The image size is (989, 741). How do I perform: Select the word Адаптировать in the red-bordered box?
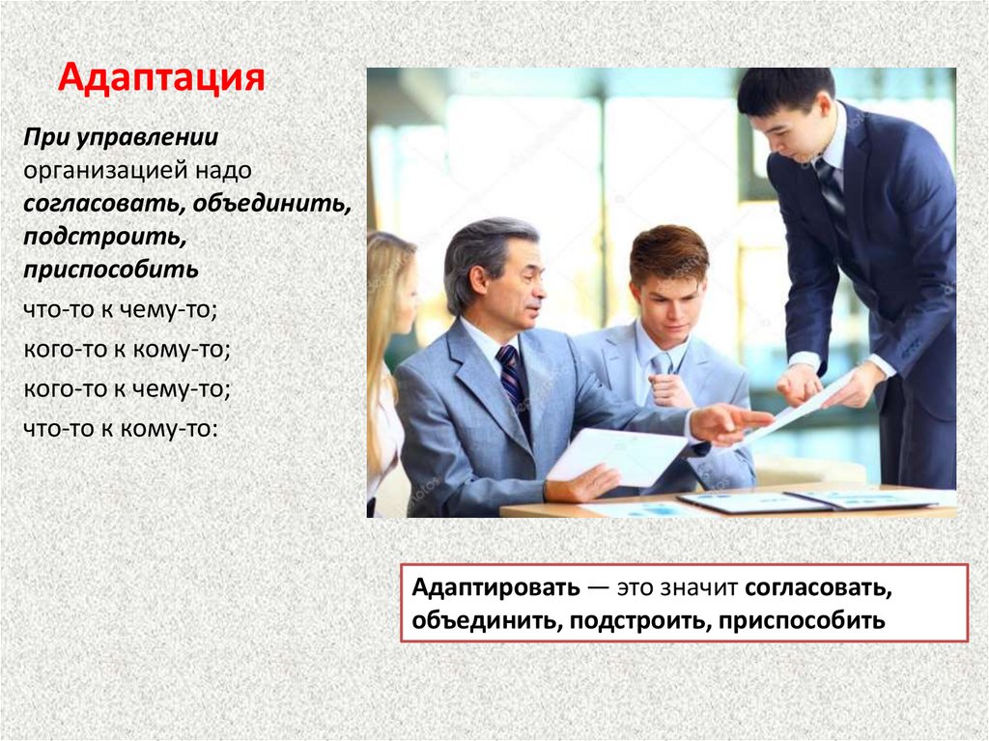point(495,587)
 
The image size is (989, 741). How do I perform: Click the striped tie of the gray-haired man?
point(512,378)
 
